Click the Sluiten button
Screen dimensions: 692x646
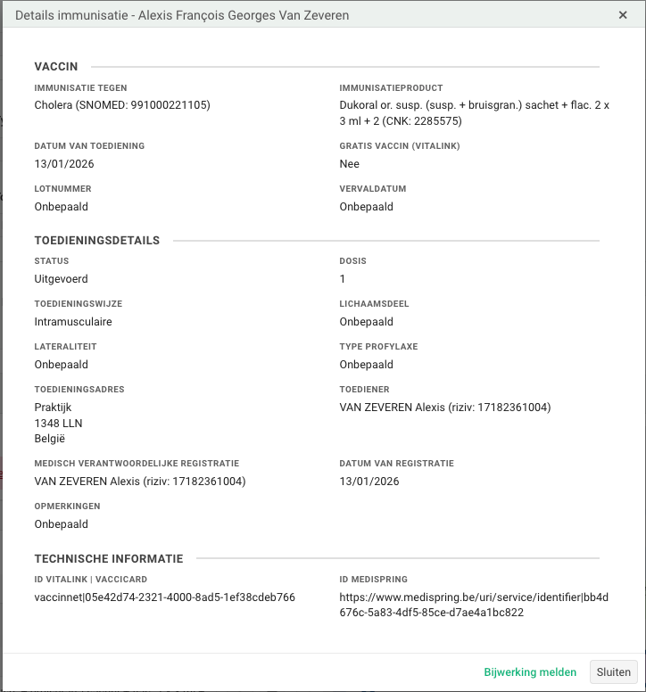click(613, 672)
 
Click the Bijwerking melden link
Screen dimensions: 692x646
click(530, 672)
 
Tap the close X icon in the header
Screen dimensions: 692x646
click(623, 15)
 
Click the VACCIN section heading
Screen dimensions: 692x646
click(56, 67)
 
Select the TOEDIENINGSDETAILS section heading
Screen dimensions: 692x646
click(97, 241)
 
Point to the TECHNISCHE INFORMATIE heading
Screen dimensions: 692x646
click(109, 559)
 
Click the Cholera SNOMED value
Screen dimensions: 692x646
click(122, 105)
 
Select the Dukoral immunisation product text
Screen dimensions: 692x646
click(474, 113)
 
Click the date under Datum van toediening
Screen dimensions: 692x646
click(64, 164)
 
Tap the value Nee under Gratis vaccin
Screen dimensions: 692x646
click(350, 164)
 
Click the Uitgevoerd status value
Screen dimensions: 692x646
click(61, 279)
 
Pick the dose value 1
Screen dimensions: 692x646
click(343, 279)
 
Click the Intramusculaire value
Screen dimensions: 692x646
click(73, 322)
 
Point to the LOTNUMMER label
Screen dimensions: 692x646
click(62, 189)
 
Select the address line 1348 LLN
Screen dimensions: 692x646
click(59, 424)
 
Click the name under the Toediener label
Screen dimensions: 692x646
click(445, 408)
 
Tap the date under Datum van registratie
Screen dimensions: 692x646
click(369, 482)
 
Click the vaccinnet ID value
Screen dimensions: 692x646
click(165, 597)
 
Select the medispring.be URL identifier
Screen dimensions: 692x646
click(474, 605)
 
